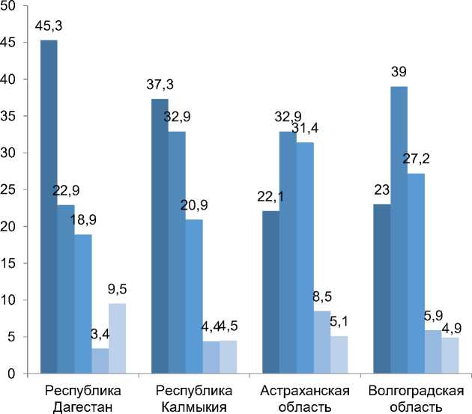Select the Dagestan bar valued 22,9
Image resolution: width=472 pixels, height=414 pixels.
[66, 289]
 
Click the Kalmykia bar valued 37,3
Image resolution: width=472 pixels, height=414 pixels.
[160, 236]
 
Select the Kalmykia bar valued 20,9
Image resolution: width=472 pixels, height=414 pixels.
[193, 296]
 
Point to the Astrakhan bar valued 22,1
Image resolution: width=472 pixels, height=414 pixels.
[270, 292]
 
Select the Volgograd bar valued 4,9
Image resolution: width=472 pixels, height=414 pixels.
[450, 356]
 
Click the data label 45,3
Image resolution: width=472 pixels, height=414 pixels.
[49, 28]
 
